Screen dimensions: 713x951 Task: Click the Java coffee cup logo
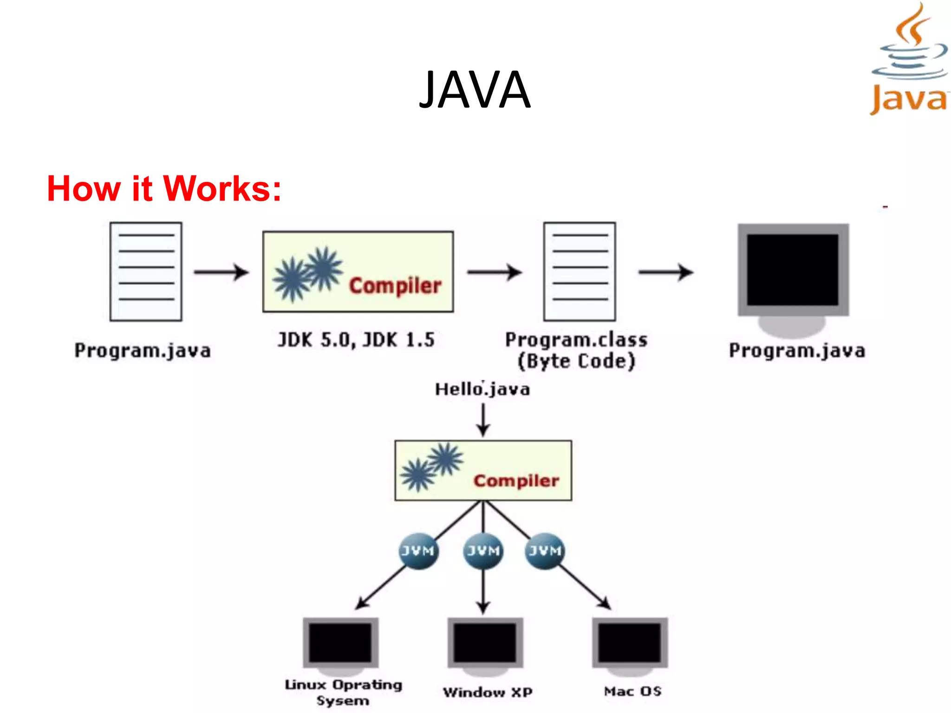(x=909, y=58)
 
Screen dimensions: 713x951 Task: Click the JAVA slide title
(x=475, y=90)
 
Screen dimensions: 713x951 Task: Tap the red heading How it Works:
(x=164, y=189)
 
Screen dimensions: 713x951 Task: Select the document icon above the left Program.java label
(x=146, y=272)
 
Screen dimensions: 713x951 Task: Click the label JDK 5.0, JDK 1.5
(x=356, y=340)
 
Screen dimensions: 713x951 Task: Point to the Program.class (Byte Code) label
(x=576, y=350)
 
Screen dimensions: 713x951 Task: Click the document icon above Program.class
(x=580, y=272)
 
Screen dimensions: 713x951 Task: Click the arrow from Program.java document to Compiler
(x=221, y=272)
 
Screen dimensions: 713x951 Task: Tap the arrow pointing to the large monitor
(x=666, y=272)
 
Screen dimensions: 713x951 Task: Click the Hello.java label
(x=482, y=389)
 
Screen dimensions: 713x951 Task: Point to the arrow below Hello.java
(x=483, y=420)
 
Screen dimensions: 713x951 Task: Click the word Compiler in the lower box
(x=516, y=481)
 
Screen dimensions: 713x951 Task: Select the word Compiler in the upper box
(x=395, y=286)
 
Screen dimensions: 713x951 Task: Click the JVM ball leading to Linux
(x=418, y=551)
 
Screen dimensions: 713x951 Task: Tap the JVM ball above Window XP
(x=483, y=551)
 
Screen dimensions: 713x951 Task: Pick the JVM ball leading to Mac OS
(x=545, y=551)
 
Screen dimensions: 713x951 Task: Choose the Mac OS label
(x=632, y=691)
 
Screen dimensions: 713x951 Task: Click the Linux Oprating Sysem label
(x=343, y=692)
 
